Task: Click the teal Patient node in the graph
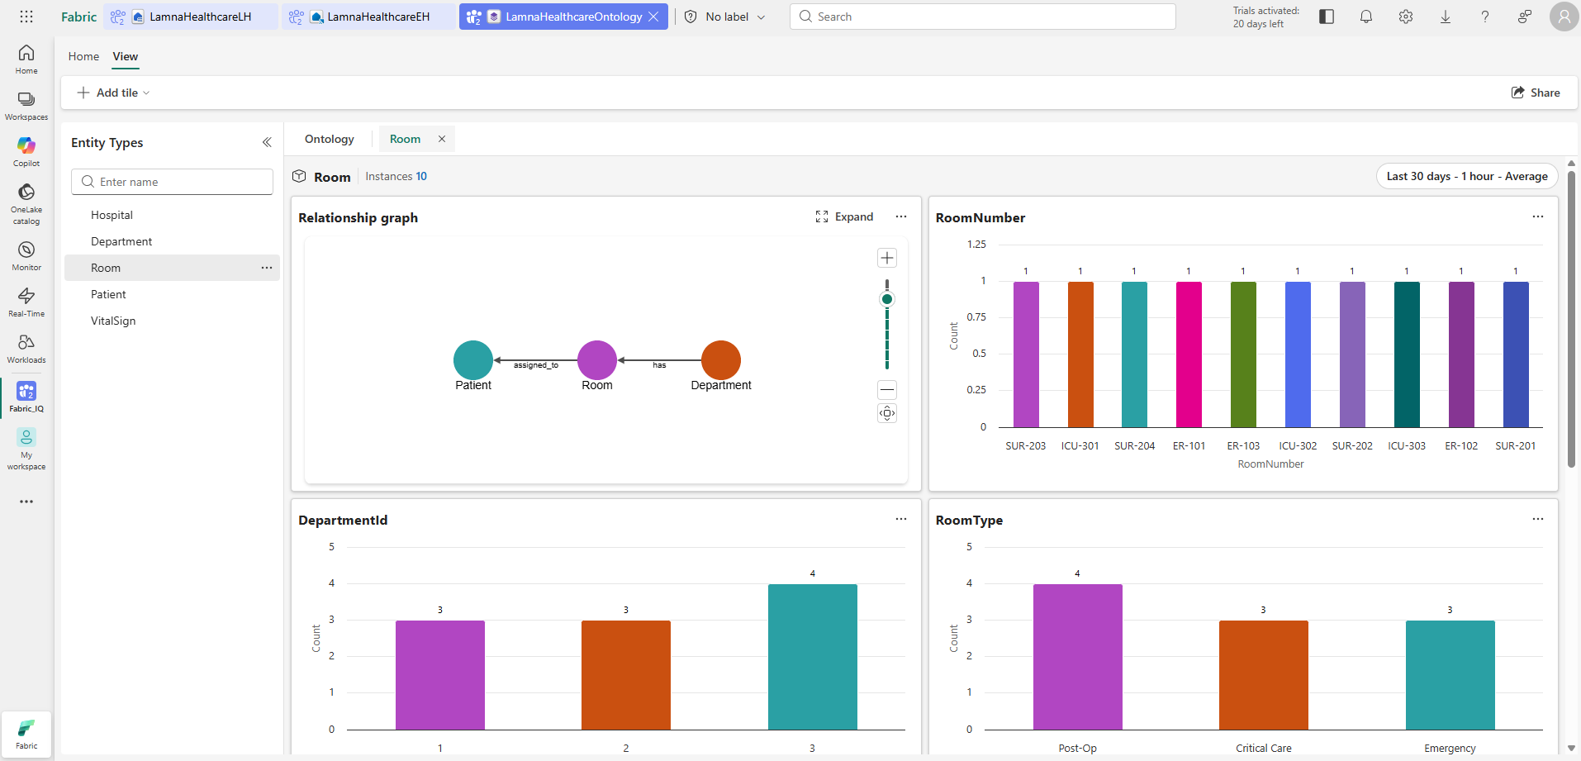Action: point(473,360)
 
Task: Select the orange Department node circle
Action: point(721,360)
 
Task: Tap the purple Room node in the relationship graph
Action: point(597,360)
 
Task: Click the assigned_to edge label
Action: point(536,365)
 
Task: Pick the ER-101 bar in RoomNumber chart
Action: point(1189,354)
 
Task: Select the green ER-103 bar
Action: point(1243,354)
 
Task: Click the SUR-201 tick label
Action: point(1516,446)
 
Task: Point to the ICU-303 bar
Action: point(1407,354)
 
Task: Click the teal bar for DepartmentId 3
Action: point(813,657)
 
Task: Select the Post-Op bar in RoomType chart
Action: point(1078,657)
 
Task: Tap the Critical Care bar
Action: point(1264,675)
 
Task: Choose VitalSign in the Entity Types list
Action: point(113,321)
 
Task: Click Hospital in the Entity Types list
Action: point(112,215)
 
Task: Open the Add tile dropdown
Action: point(114,93)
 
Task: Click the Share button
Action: point(1536,93)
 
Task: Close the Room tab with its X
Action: point(442,139)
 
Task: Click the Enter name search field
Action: point(172,182)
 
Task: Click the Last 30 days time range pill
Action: point(1467,176)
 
